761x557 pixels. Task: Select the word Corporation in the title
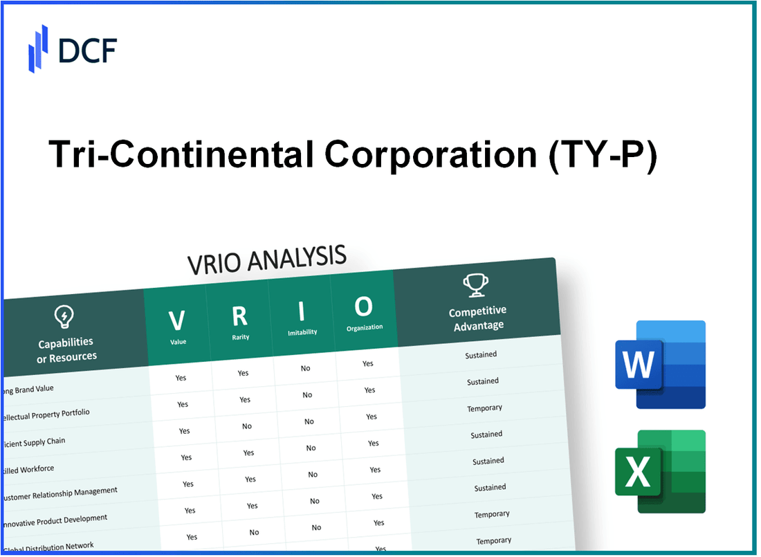(429, 155)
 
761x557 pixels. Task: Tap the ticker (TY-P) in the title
(601, 155)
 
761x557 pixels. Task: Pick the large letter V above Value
(177, 320)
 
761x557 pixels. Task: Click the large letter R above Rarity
(239, 316)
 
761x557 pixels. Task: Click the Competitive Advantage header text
(477, 318)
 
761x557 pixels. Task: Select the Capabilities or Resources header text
(66, 349)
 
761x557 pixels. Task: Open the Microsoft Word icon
(660, 365)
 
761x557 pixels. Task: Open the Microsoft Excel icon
(660, 472)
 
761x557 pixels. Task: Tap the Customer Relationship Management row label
(60, 494)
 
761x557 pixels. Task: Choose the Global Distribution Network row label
(48, 547)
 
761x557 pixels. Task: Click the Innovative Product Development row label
(55, 520)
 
